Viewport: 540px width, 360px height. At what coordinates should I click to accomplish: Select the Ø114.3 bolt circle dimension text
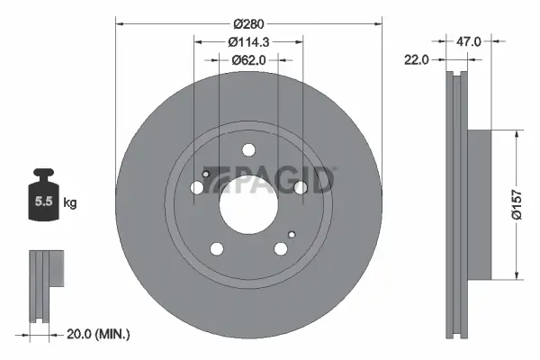[248, 41]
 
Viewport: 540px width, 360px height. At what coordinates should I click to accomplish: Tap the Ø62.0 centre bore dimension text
[248, 60]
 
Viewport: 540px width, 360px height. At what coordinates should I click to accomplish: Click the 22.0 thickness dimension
[416, 60]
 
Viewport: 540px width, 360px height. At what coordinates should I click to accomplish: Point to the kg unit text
[69, 203]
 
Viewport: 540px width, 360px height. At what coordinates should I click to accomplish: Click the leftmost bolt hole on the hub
[198, 187]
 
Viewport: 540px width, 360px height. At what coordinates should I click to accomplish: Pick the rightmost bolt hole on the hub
[301, 187]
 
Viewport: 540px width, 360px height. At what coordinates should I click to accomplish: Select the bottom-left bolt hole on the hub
[217, 249]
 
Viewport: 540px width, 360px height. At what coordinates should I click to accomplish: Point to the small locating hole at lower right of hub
[290, 236]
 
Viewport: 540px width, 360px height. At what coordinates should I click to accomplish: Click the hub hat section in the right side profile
[477, 203]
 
